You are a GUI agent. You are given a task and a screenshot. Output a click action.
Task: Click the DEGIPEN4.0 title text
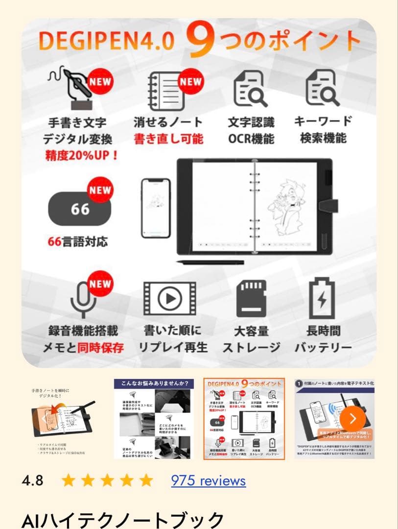coord(106,42)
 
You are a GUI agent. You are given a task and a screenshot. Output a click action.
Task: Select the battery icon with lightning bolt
coord(322,298)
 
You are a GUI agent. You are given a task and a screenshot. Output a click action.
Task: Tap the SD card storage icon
coord(251,298)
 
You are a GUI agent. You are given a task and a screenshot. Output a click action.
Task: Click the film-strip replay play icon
coord(169,298)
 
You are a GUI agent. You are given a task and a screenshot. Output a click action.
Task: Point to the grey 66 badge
coord(79,209)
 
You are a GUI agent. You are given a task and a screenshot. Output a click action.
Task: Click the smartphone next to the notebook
coord(155,207)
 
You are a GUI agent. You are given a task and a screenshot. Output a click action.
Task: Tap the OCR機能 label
coord(251,139)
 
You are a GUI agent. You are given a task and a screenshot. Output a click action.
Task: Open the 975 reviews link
coord(208,481)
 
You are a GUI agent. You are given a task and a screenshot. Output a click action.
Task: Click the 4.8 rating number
coord(32,481)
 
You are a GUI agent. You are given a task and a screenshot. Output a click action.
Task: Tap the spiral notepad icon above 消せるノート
coord(166,91)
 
